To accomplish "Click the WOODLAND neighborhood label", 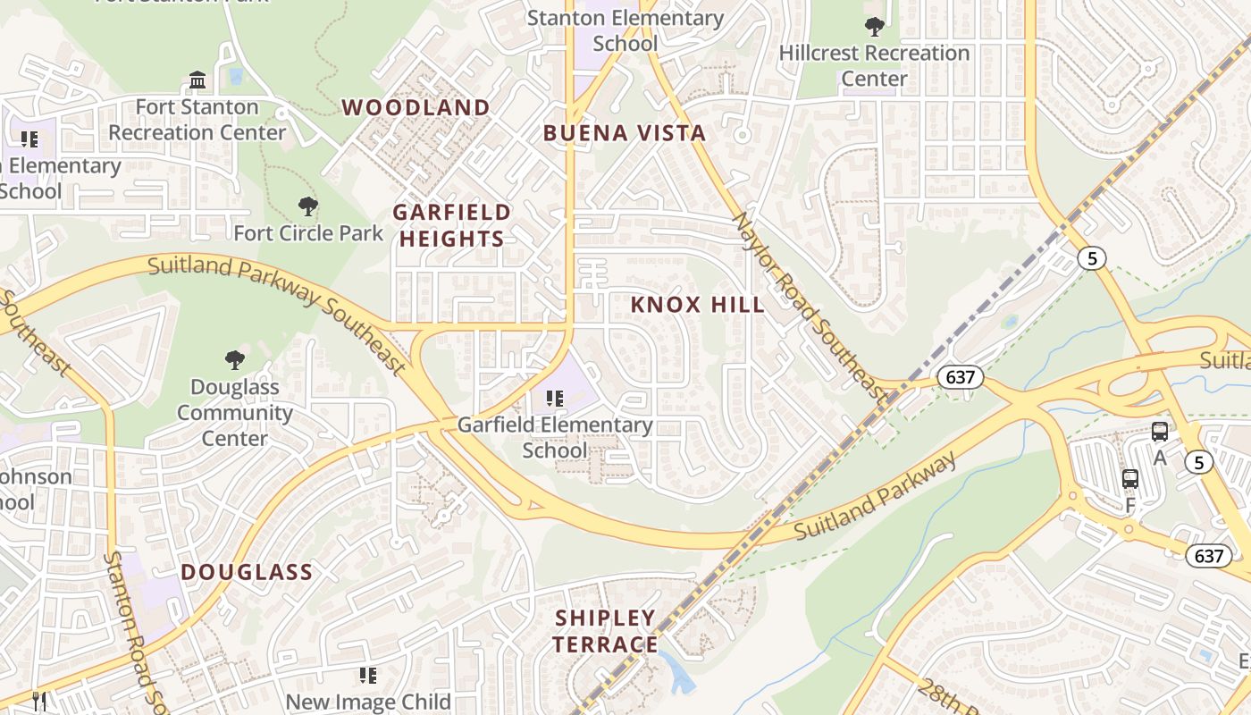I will click(416, 108).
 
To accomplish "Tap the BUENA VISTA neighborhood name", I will click(625, 134).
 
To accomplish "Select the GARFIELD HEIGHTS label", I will click(451, 225).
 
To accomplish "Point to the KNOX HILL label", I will click(697, 305).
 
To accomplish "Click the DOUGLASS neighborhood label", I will click(247, 573).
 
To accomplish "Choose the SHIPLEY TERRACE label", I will click(605, 631).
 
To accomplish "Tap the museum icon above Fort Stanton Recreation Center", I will click(197, 80).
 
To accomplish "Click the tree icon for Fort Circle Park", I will click(308, 206).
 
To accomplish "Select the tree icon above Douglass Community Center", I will click(235, 360).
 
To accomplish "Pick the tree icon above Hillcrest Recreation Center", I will click(874, 26).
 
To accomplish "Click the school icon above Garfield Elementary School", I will click(555, 399).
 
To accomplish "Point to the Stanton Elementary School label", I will click(625, 30).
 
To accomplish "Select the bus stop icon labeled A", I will click(1160, 432).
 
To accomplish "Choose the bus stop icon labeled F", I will click(1130, 479).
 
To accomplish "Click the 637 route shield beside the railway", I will click(960, 377).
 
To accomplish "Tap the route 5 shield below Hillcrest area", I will click(1091, 259).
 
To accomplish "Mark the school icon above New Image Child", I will click(367, 676).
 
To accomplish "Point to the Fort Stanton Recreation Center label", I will click(197, 120).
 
